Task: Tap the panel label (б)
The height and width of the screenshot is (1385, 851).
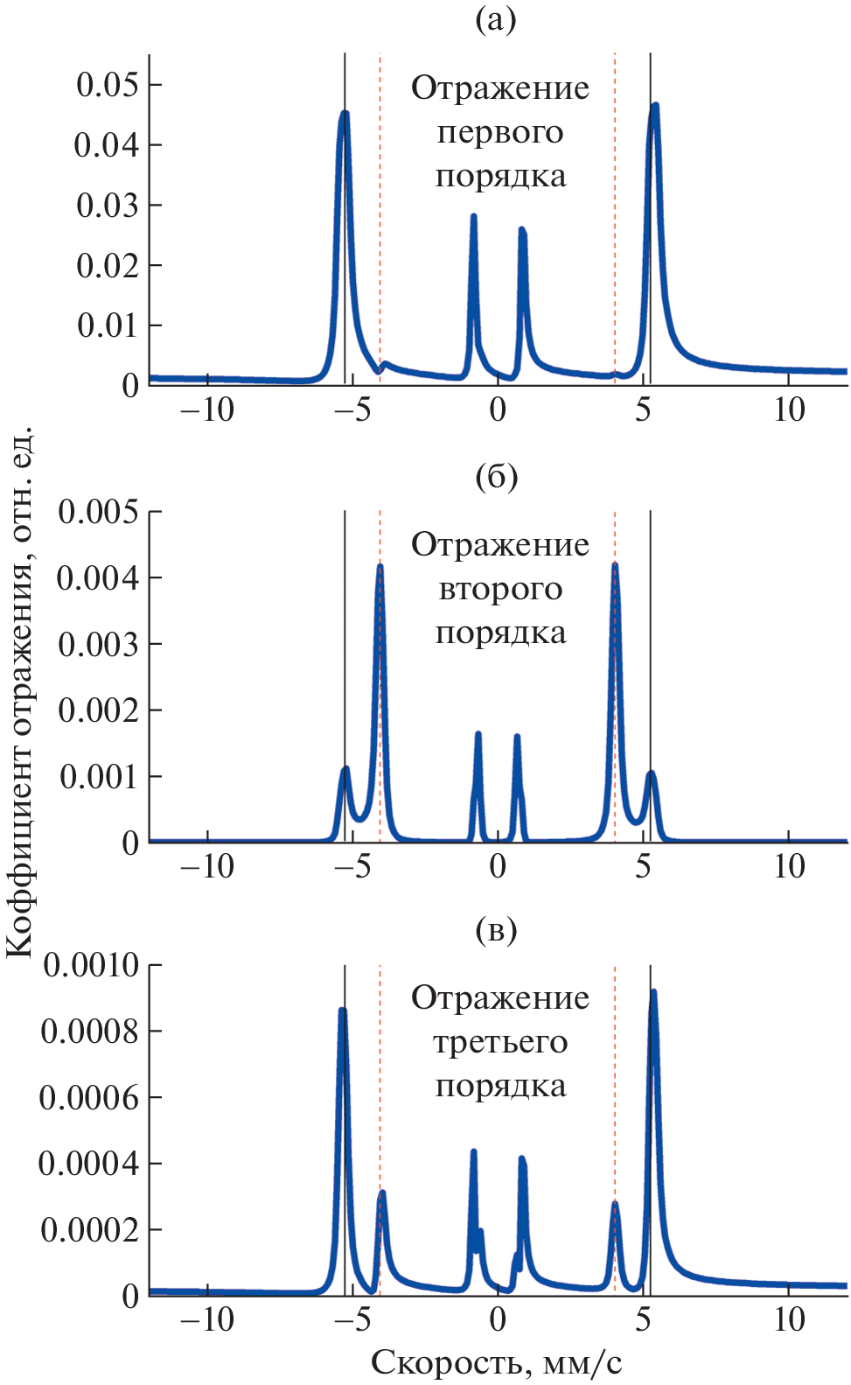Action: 496,478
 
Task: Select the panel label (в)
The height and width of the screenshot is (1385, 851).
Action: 496,930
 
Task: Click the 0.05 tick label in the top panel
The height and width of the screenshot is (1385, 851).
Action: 108,85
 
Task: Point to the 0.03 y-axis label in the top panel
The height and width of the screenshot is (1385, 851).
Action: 108,206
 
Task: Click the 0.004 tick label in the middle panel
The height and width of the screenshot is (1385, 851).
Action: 98,578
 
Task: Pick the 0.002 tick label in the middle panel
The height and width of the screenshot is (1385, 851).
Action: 98,710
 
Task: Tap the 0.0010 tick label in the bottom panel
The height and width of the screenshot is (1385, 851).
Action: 91,966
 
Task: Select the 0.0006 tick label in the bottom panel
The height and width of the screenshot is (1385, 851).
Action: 91,1098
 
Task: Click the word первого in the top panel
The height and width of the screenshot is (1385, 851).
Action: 500,133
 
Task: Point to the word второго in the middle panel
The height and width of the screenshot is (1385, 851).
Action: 500,590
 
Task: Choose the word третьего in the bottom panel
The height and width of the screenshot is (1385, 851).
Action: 500,1043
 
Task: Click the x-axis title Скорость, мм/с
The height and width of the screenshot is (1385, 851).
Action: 496,1362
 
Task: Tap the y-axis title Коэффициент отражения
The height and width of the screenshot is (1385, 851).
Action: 19,691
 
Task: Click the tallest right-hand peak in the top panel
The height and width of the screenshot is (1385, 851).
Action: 653,106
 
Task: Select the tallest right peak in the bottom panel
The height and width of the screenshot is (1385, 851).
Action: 652,992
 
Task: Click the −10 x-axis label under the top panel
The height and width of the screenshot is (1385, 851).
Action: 207,409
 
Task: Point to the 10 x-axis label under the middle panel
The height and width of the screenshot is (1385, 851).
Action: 789,866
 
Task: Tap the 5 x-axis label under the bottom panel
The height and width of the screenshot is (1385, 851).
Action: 644,1319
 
